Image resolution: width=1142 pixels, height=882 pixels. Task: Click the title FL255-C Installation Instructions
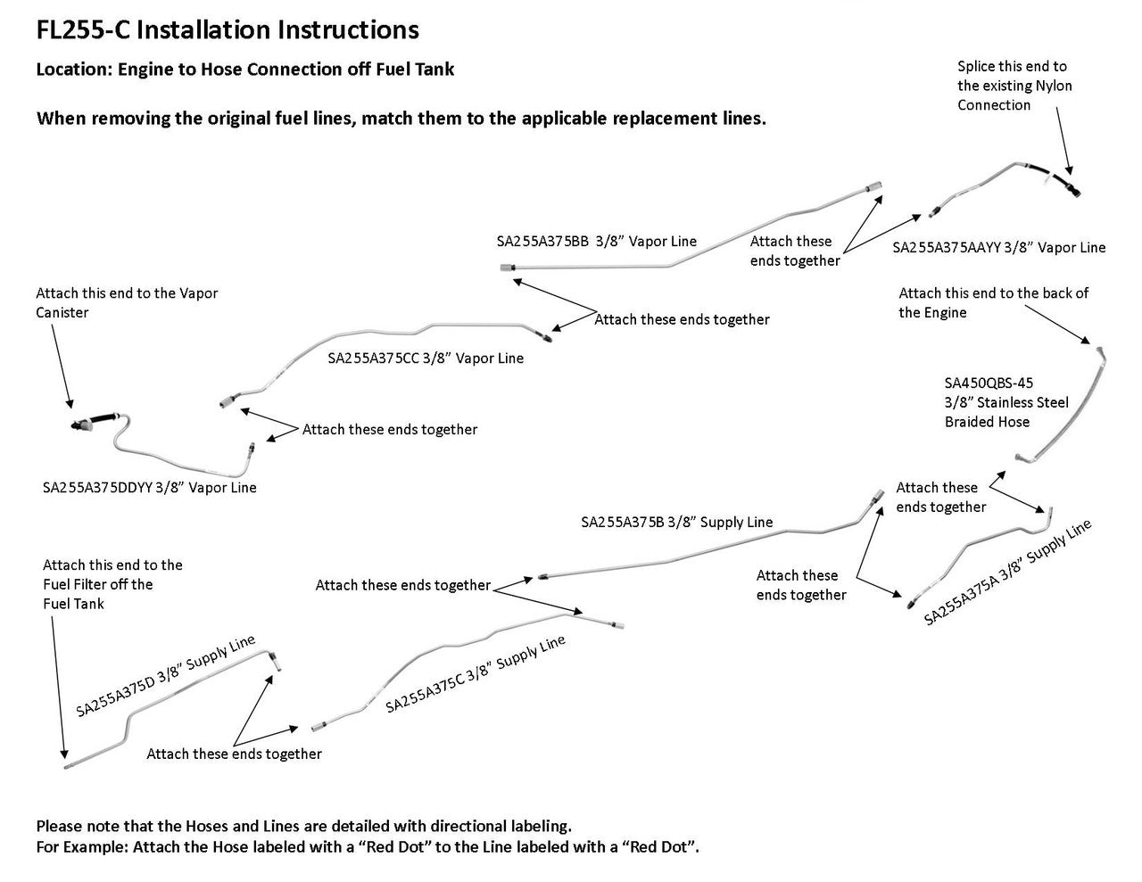(x=227, y=30)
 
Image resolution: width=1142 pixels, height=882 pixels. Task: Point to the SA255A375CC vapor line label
(x=374, y=359)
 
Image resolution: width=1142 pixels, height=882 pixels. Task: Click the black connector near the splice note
(x=1069, y=185)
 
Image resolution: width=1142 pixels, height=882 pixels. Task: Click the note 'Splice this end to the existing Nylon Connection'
(x=1014, y=86)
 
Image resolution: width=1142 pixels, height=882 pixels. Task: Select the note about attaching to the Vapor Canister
(x=127, y=302)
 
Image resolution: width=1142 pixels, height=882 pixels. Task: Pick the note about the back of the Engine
(x=993, y=302)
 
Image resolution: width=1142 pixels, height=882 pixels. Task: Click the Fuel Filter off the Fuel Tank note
(x=112, y=584)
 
